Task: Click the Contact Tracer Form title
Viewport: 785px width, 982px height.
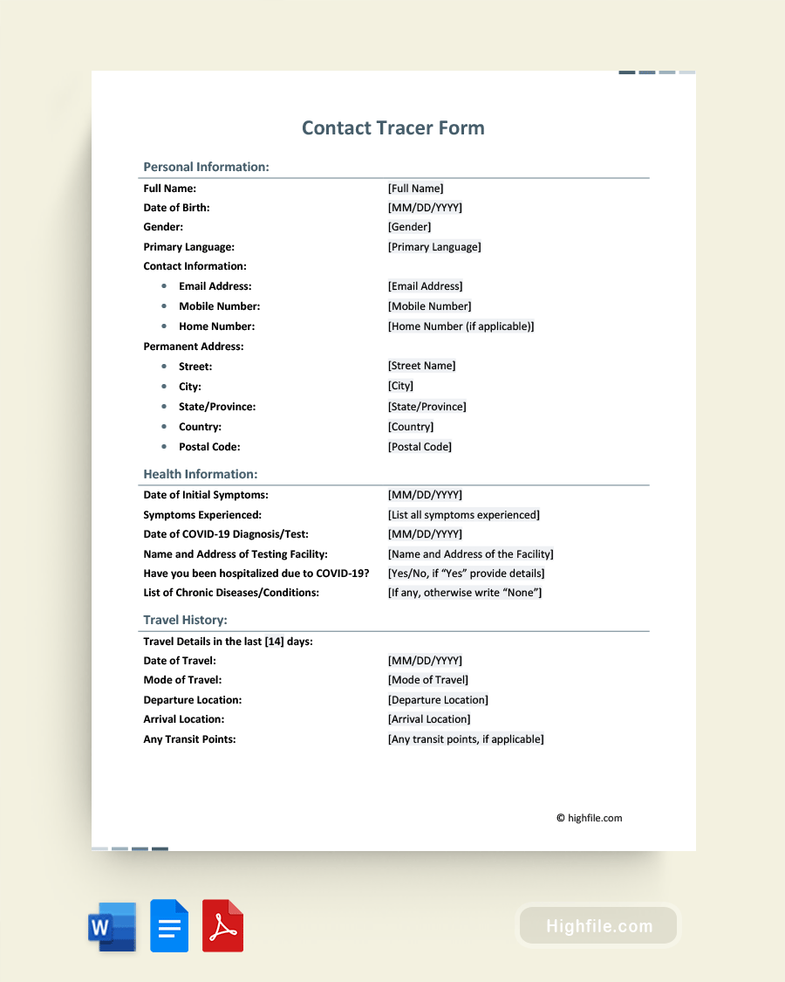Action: (x=392, y=128)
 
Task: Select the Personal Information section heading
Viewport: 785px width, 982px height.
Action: (x=206, y=167)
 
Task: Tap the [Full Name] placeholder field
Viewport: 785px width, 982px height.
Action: (x=415, y=189)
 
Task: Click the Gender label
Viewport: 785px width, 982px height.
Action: (x=163, y=227)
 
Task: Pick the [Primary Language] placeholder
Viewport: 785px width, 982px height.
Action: (x=434, y=247)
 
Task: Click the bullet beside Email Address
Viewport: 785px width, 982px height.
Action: (x=164, y=286)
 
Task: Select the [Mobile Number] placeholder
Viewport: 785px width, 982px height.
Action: (x=429, y=306)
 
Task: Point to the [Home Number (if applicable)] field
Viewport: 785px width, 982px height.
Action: (x=461, y=326)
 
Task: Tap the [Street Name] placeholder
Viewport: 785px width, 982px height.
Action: (x=421, y=366)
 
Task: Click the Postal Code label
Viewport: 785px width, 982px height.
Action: (x=209, y=447)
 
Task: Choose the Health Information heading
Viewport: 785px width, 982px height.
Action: (x=201, y=475)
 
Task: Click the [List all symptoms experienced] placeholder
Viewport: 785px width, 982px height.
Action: (x=463, y=515)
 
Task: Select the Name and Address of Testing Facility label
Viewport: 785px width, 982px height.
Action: (x=235, y=554)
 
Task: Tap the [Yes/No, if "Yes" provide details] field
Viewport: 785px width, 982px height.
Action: (x=466, y=573)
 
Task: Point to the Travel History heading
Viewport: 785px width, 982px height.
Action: (x=185, y=621)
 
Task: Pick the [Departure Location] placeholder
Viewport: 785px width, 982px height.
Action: (x=438, y=700)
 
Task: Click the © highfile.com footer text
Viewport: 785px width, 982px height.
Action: (x=589, y=818)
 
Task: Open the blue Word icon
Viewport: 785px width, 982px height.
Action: (x=112, y=926)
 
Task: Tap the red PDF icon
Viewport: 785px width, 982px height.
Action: (x=222, y=925)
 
